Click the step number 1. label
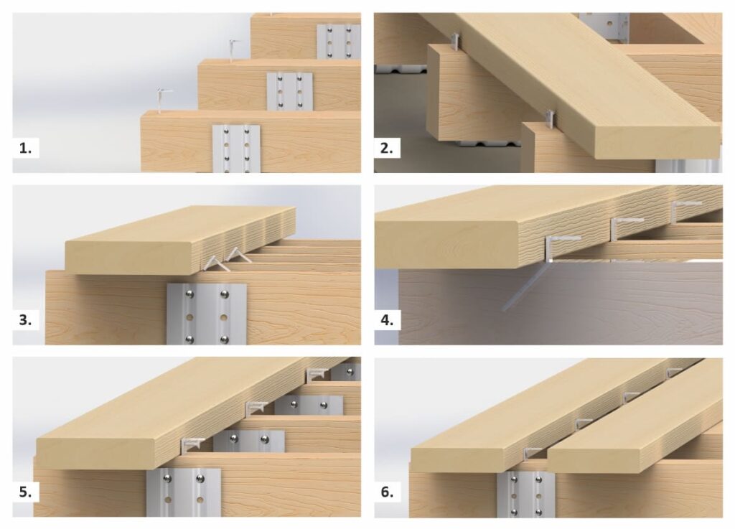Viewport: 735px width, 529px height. click(25, 148)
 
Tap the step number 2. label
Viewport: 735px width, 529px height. click(387, 148)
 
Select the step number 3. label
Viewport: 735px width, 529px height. click(25, 320)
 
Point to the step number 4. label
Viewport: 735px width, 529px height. click(387, 320)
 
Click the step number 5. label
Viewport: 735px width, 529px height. click(25, 492)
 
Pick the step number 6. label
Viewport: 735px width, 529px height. click(387, 492)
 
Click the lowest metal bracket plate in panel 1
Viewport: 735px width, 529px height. click(235, 149)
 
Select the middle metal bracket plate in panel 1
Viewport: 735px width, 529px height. click(290, 91)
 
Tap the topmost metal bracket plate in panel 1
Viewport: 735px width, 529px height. click(339, 41)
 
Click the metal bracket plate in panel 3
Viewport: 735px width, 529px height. click(206, 314)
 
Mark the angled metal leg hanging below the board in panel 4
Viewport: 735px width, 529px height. click(524, 286)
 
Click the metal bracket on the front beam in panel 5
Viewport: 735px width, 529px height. click(183, 492)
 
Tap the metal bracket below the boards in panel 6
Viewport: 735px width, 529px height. click(526, 495)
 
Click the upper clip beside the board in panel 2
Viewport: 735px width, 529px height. click(456, 41)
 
